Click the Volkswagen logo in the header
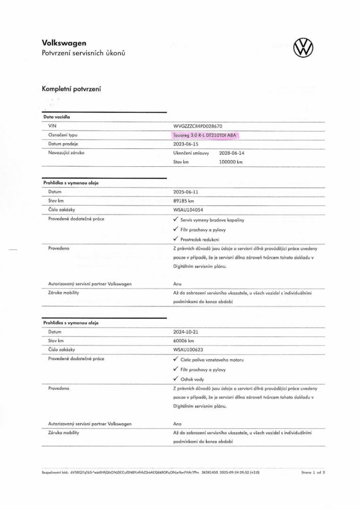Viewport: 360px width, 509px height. (303, 48)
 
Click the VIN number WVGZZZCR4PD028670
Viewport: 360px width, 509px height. (197, 126)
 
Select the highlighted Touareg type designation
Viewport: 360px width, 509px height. (206, 135)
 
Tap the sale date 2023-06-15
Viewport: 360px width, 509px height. (186, 144)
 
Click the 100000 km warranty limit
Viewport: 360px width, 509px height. (231, 162)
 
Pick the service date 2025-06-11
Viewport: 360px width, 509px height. (186, 192)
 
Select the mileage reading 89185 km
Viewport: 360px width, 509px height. (184, 201)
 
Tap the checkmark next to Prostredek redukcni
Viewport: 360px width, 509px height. (176, 239)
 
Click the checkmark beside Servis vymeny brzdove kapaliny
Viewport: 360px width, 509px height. (176, 220)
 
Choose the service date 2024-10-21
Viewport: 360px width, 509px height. (186, 332)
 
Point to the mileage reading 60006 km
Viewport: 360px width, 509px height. (184, 341)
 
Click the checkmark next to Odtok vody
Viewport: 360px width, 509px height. (176, 379)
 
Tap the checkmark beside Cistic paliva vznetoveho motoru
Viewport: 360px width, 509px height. (176, 360)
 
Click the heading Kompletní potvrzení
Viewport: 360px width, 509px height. (71, 89)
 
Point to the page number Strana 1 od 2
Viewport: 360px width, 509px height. (313, 472)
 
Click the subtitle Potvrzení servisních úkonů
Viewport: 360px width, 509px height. (83, 53)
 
